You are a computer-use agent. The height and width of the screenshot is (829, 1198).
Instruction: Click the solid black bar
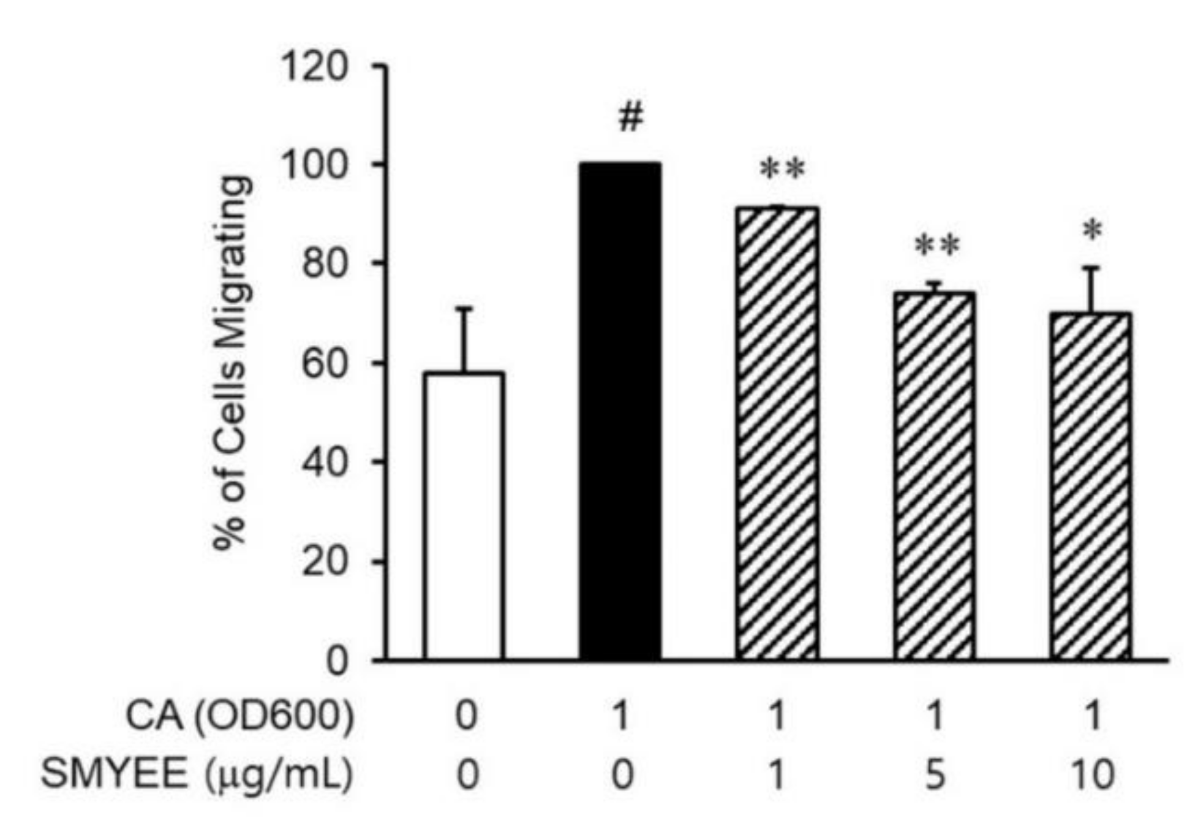coord(620,411)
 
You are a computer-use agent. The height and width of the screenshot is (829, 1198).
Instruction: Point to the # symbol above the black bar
coord(631,117)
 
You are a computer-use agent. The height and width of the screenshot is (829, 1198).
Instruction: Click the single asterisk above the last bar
coord(1092,232)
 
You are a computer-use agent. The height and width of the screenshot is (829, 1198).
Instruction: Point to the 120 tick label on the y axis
coord(314,66)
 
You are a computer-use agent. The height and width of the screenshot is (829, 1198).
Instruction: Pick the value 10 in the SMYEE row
coord(1092,774)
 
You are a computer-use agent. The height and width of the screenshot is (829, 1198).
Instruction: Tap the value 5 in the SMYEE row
coord(935,774)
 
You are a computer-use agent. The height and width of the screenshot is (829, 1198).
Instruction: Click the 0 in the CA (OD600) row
coord(466,716)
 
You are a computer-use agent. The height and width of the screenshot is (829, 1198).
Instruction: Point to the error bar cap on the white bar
coord(464,308)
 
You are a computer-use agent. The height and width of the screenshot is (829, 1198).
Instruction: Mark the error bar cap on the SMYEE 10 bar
coord(1091,268)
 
